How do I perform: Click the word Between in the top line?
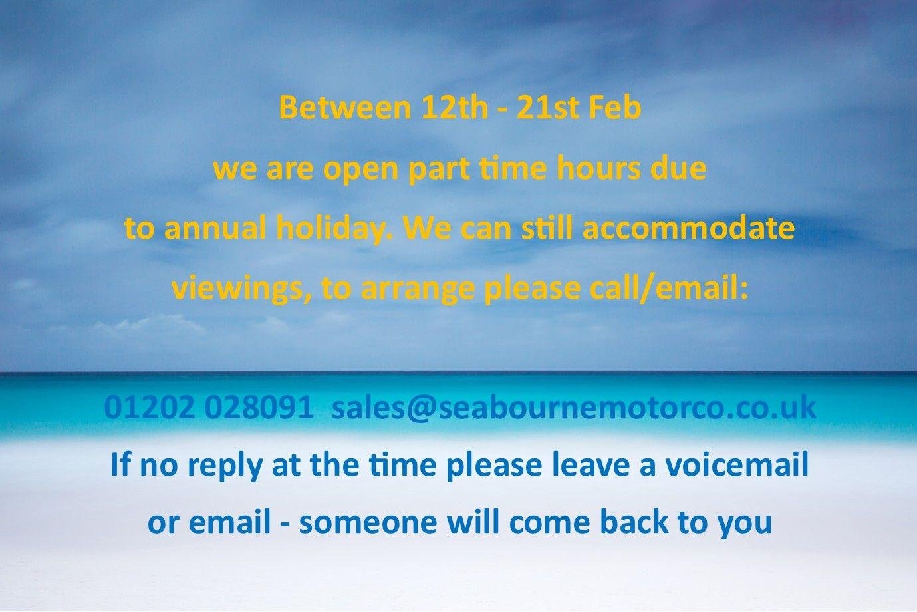coord(344,108)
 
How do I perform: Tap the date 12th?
coord(454,108)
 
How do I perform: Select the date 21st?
coord(548,108)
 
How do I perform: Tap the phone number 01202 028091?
coord(209,408)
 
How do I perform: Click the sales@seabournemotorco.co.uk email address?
coord(574,408)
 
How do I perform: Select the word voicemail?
coord(737,465)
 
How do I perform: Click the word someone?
coord(368,523)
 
